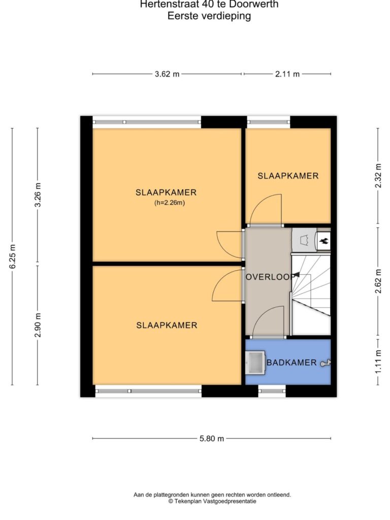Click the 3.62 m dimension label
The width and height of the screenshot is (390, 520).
pyautogui.click(x=167, y=74)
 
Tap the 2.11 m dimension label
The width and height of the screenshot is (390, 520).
pyautogui.click(x=287, y=74)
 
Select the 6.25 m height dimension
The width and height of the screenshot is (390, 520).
pyautogui.click(x=12, y=256)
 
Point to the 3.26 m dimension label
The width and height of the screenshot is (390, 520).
pyautogui.click(x=38, y=195)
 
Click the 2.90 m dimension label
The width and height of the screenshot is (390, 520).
pyautogui.click(x=38, y=325)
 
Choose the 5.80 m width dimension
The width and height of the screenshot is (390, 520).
pyautogui.click(x=212, y=438)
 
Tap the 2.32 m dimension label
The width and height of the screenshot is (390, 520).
pyautogui.click(x=378, y=176)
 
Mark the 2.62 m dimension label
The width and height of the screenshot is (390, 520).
pyautogui.click(x=378, y=281)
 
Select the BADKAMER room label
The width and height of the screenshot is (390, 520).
pyautogui.click(x=291, y=363)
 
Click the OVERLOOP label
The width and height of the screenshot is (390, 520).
pyautogui.click(x=270, y=277)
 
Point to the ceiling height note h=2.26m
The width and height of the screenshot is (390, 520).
pyautogui.click(x=170, y=203)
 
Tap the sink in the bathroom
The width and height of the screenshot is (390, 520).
pyautogui.click(x=255, y=363)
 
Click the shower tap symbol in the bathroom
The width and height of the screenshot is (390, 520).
pyautogui.click(x=325, y=363)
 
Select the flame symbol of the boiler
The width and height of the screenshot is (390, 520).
pyautogui.click(x=323, y=240)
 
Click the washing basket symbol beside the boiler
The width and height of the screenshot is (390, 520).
pyautogui.click(x=304, y=240)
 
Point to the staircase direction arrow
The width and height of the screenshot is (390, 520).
pyautogui.click(x=296, y=275)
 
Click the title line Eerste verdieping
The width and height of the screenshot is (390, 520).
pyautogui.click(x=209, y=16)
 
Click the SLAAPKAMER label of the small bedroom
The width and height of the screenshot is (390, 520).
pyautogui.click(x=288, y=176)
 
